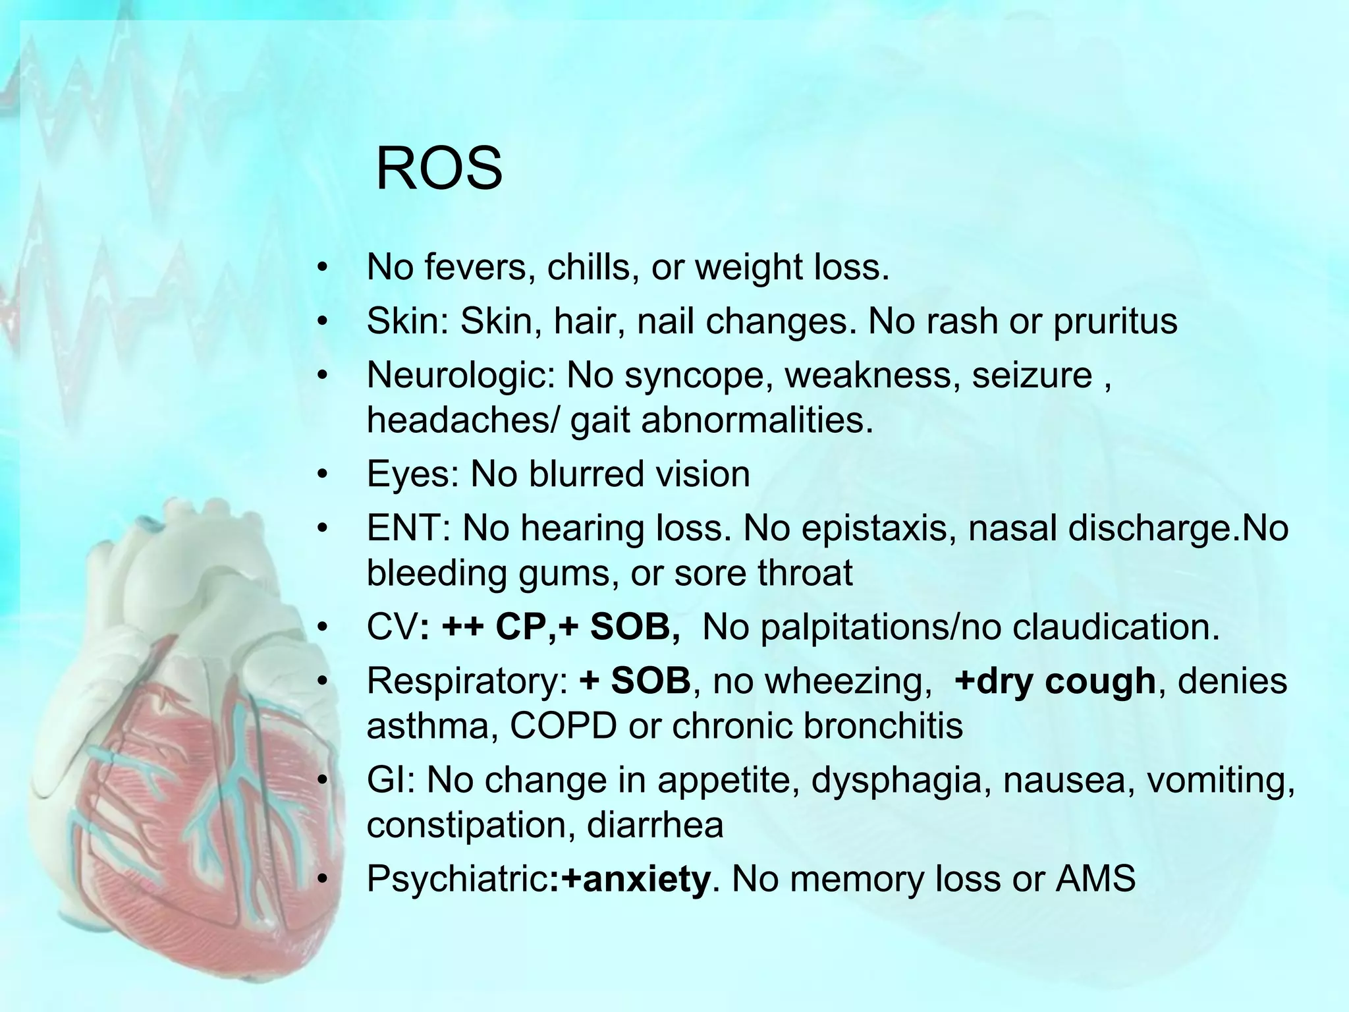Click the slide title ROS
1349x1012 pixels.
pyautogui.click(x=439, y=169)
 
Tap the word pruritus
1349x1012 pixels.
pyautogui.click(x=1115, y=321)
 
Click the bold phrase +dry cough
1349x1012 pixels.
pyautogui.click(x=1055, y=681)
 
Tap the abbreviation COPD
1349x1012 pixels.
pyautogui.click(x=563, y=725)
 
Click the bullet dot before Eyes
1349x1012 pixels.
pyautogui.click(x=321, y=475)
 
